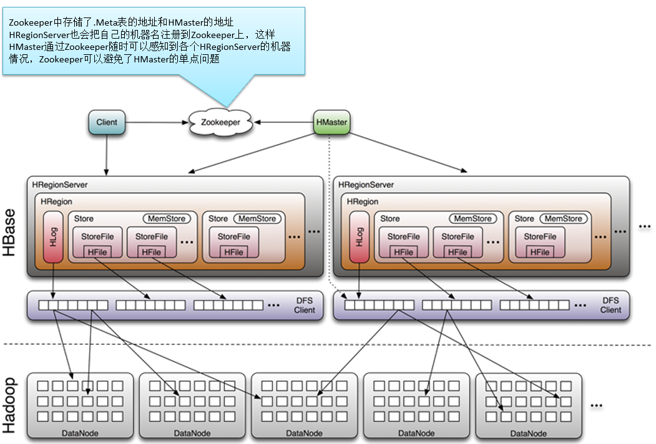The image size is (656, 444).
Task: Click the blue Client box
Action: (107, 122)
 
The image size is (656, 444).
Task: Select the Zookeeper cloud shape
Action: (220, 123)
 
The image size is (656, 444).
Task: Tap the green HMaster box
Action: (331, 122)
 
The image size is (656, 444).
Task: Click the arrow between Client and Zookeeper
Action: (157, 122)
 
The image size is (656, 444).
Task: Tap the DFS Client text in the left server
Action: (305, 306)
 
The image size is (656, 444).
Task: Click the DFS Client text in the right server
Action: (610, 306)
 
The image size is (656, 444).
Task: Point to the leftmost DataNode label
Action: (80, 433)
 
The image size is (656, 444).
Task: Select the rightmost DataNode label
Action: (529, 433)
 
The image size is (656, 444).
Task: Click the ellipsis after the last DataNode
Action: (596, 405)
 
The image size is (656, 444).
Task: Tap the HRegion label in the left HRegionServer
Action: (56, 201)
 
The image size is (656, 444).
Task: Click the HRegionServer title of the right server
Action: (366, 185)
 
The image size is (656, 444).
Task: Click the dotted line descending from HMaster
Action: (329, 206)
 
